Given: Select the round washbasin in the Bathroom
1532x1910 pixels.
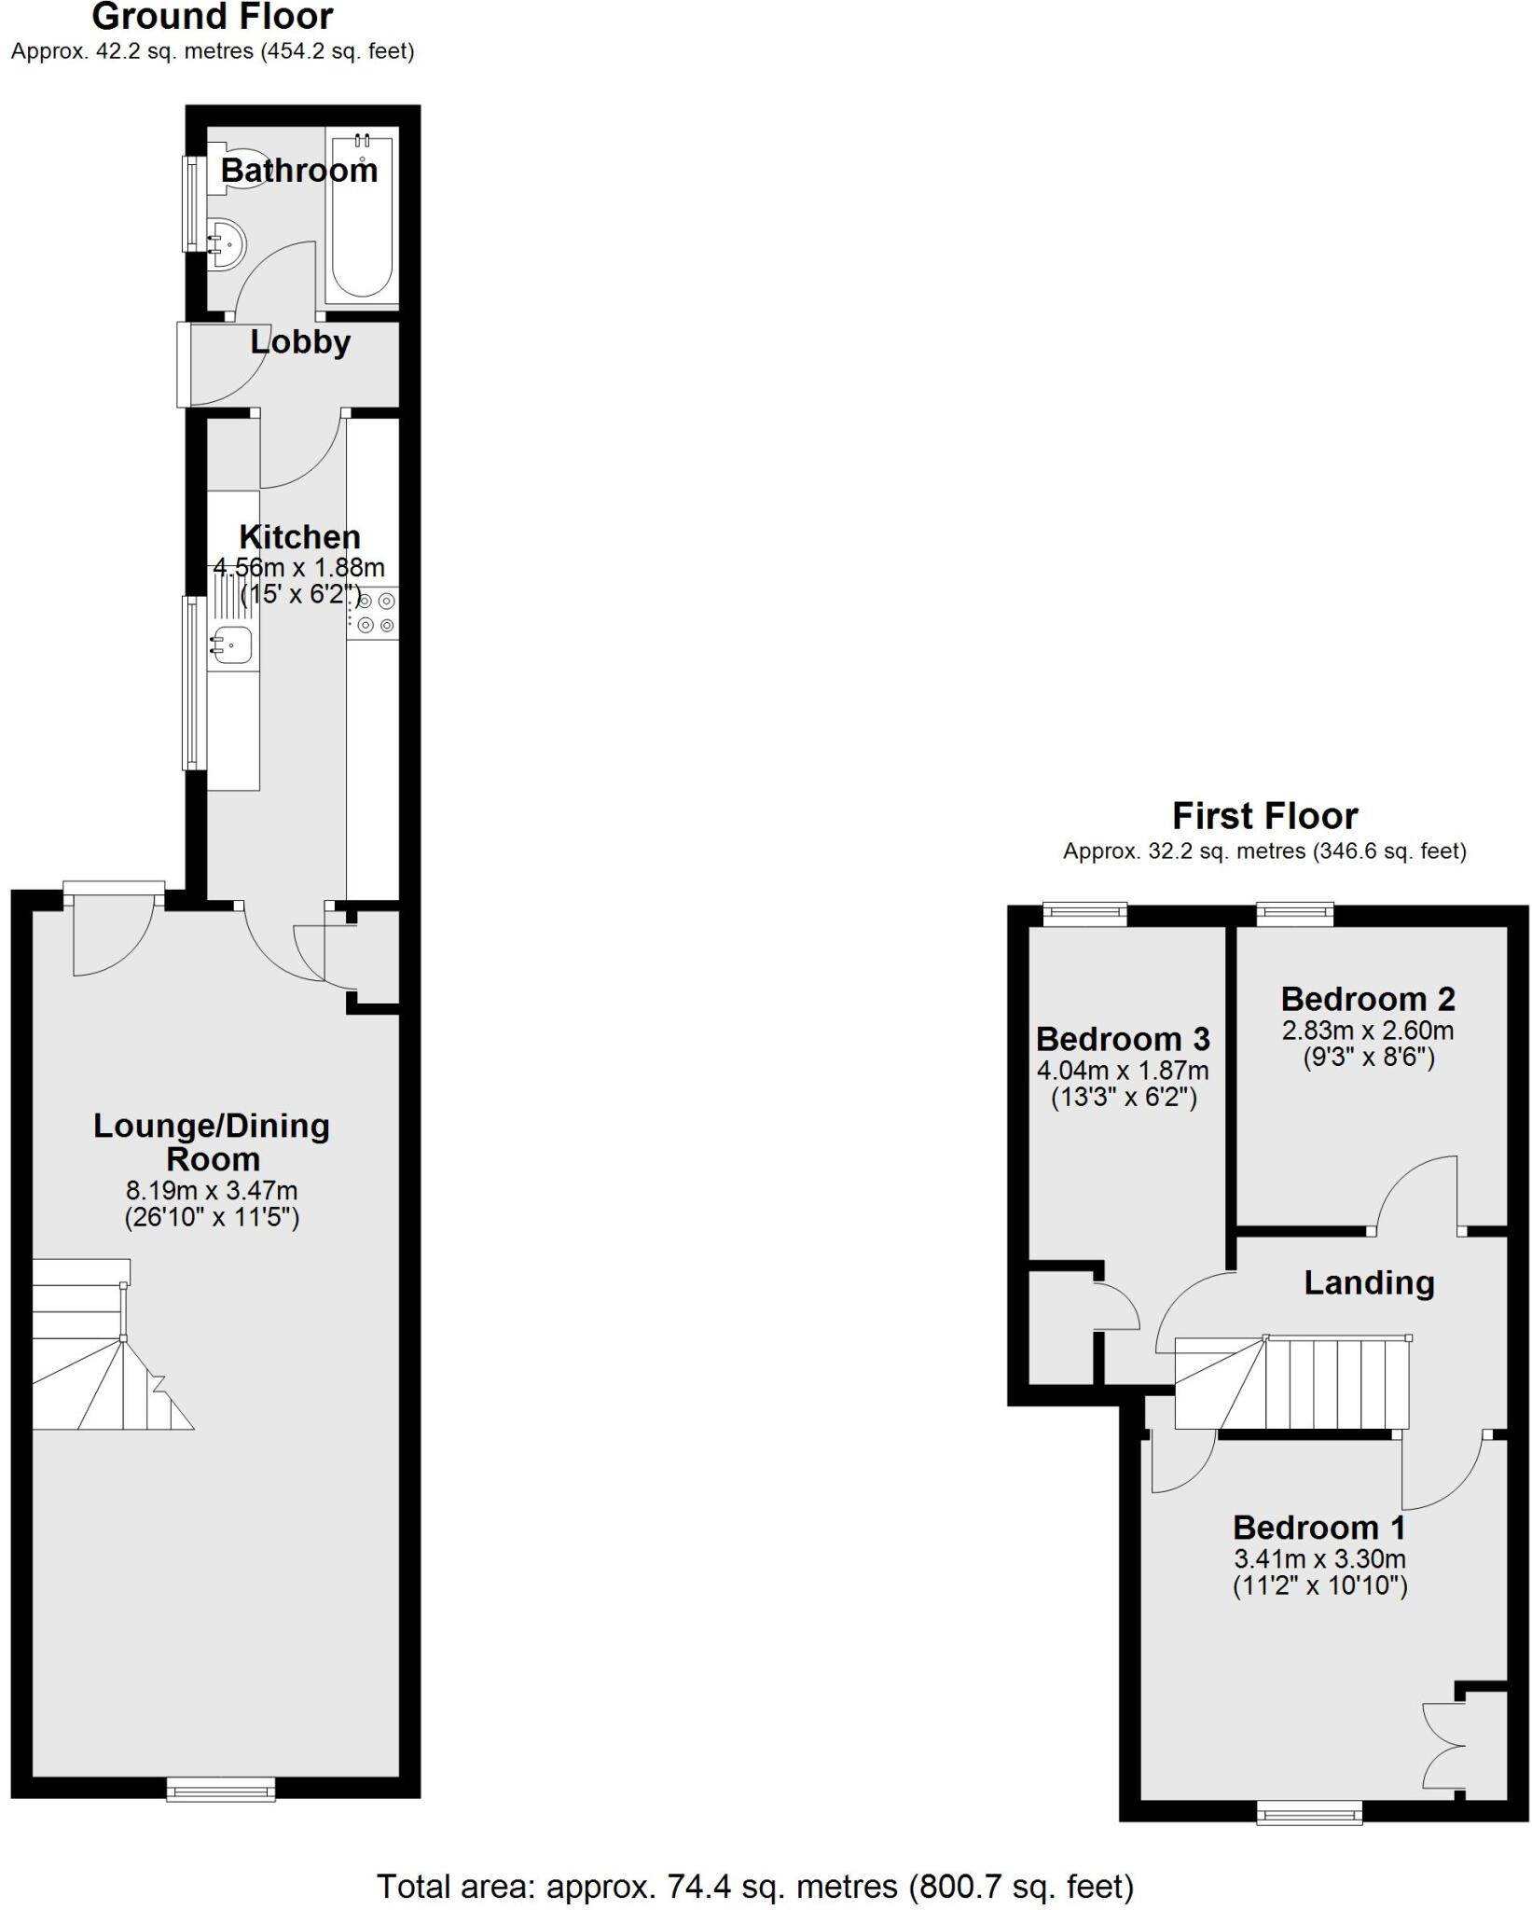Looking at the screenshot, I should (227, 244).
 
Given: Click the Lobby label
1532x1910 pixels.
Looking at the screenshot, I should (300, 342).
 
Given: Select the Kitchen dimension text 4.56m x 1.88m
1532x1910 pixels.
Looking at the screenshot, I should (299, 567).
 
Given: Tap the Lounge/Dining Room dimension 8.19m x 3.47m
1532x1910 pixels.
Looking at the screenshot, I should (212, 1191).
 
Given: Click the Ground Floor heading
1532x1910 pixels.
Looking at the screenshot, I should (213, 17).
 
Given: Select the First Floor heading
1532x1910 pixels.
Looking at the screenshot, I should (1264, 816).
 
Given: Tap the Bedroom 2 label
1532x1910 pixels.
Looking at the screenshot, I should (1367, 999).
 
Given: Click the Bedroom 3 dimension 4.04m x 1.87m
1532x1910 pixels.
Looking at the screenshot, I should (1123, 1070).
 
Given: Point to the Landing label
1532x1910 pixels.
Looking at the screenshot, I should (1368, 1283).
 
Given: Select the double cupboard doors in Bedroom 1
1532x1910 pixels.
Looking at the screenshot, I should (1442, 1743).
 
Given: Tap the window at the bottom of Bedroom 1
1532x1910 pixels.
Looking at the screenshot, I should (1309, 1812).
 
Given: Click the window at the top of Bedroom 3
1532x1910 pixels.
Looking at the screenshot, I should (1084, 914).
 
